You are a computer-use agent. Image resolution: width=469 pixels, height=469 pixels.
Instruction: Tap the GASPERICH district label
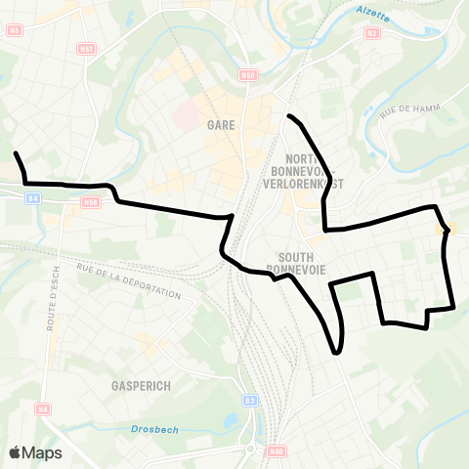point(141,386)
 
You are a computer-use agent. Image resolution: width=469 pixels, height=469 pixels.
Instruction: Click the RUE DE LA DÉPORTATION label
point(128,281)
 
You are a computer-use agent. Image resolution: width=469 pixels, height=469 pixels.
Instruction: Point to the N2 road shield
point(371,32)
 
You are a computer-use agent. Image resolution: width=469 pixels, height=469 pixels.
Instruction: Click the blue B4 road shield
point(33,198)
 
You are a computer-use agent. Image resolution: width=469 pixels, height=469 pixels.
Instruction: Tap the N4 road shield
point(43,408)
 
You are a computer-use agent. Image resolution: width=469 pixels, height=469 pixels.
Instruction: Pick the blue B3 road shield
point(250,401)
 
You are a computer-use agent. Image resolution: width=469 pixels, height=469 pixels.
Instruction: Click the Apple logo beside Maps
point(16,452)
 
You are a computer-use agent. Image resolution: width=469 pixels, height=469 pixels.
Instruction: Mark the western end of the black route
point(16,152)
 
